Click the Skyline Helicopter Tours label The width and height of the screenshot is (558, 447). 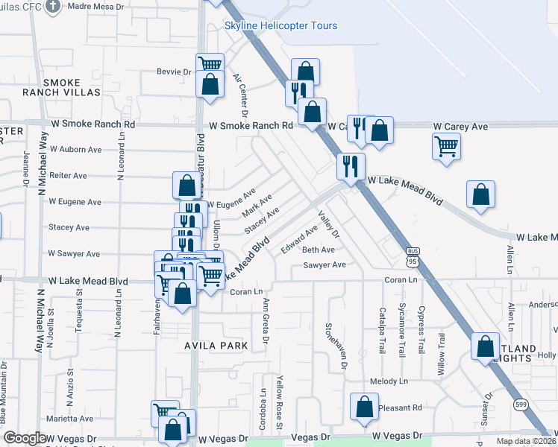point(280,26)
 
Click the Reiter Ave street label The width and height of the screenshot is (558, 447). point(68,176)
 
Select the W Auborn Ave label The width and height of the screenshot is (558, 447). point(75,150)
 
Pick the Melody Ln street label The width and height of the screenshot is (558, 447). point(393,381)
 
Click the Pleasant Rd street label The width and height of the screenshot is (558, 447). point(400,408)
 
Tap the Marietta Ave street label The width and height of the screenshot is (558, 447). point(72,419)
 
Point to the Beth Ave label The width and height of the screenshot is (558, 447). point(319,250)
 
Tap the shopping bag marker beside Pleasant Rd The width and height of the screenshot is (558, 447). point(364,406)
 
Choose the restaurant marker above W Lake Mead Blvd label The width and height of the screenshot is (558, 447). point(350,165)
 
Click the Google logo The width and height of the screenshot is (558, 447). point(25,438)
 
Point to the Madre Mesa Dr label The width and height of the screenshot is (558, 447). point(98,6)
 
